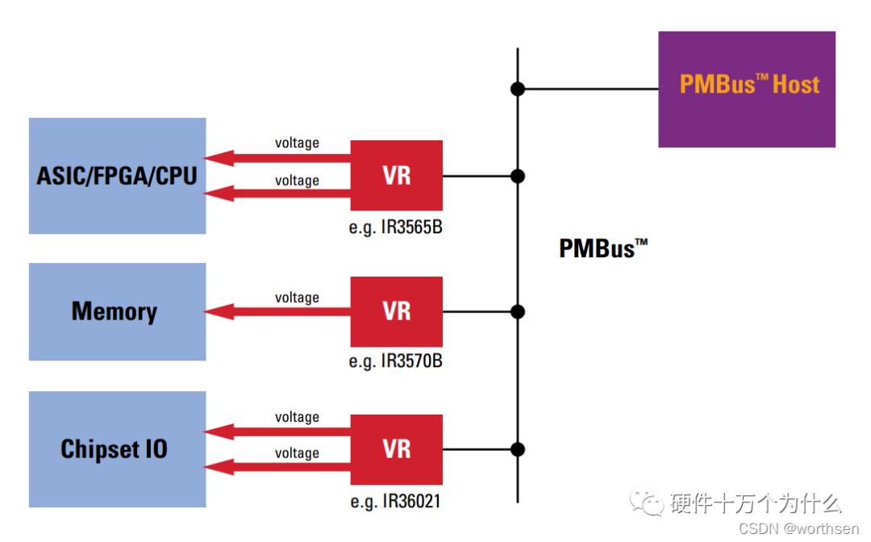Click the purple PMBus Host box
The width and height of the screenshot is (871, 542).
pyautogui.click(x=746, y=89)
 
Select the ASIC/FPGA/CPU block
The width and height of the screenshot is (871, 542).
pyautogui.click(x=117, y=176)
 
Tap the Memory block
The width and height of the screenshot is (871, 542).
pyautogui.click(x=117, y=311)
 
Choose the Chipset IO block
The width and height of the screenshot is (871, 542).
pyautogui.click(x=117, y=449)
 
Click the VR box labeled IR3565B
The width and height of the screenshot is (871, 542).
pyautogui.click(x=396, y=176)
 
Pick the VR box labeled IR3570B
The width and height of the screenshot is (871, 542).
pyautogui.click(x=396, y=311)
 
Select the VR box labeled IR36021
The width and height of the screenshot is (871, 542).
pyautogui.click(x=396, y=449)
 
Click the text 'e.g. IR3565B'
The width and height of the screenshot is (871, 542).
pyautogui.click(x=395, y=227)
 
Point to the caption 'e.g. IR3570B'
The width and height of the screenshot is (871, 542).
pyautogui.click(x=395, y=361)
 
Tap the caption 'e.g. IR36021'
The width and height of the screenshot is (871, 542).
pyautogui.click(x=395, y=502)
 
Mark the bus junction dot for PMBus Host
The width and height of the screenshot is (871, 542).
pyautogui.click(x=518, y=89)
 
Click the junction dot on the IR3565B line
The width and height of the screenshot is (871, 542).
pyautogui.click(x=518, y=176)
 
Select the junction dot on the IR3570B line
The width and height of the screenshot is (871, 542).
pyautogui.click(x=518, y=311)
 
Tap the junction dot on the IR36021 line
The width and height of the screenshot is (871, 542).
pyautogui.click(x=518, y=449)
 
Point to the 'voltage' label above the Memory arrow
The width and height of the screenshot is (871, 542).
pyautogui.click(x=297, y=298)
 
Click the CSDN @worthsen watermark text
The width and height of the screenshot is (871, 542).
pyautogui.click(x=798, y=529)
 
